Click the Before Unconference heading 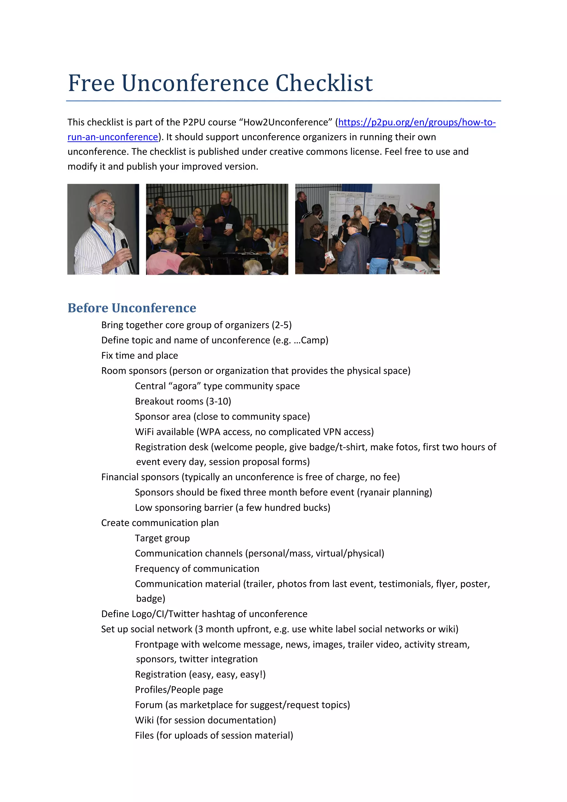(132, 308)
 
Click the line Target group (162, 538)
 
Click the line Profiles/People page (179, 690)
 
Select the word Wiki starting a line (144, 720)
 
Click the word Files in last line (144, 736)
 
